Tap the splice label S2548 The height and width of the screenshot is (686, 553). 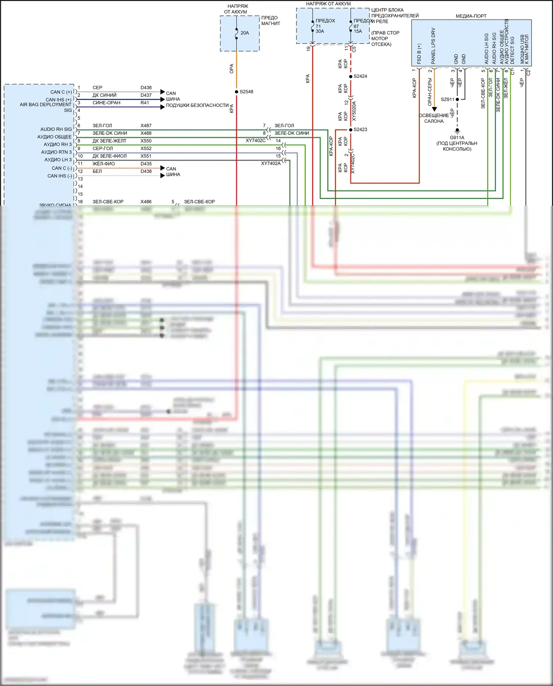(x=246, y=92)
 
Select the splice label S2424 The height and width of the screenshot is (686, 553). (x=360, y=76)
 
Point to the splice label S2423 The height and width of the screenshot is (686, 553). (x=360, y=129)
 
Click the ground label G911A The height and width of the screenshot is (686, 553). (x=457, y=137)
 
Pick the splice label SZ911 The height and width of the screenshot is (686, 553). (x=448, y=100)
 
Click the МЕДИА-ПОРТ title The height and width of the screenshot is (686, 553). (x=471, y=16)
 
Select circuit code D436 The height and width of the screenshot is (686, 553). (x=146, y=88)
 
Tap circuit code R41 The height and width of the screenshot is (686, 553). (x=145, y=103)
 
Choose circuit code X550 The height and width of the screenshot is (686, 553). (x=146, y=141)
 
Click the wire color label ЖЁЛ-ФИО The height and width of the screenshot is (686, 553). (x=104, y=164)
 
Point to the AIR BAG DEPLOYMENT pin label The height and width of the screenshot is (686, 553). (x=46, y=105)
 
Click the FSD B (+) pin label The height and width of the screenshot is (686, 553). (x=419, y=54)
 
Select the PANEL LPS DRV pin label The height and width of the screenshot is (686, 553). (x=433, y=46)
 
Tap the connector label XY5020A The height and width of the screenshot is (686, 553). (x=354, y=111)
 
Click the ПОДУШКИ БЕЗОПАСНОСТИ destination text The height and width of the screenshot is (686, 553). (x=197, y=105)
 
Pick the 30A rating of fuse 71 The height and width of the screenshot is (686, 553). (x=320, y=31)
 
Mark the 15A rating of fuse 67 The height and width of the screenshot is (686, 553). (x=358, y=31)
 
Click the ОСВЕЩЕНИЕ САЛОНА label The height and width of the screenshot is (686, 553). (x=434, y=118)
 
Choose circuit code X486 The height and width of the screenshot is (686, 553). (x=146, y=202)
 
